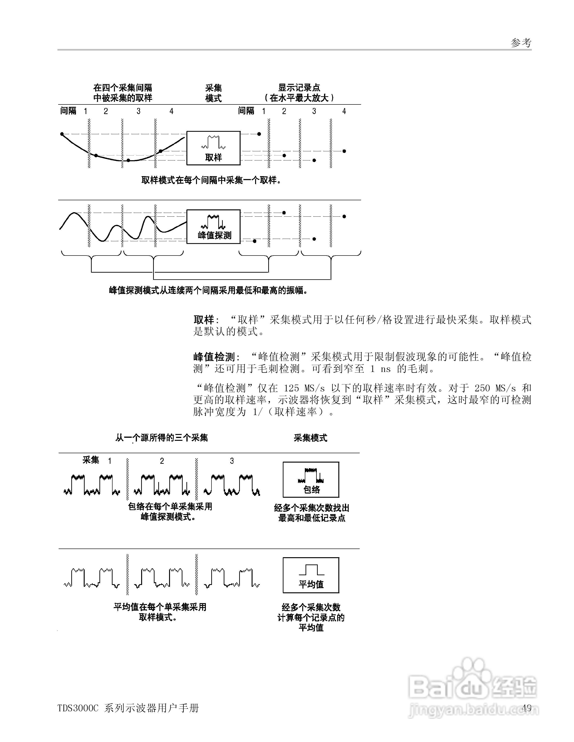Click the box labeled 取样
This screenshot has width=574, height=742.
coord(213,148)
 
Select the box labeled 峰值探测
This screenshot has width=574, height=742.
coord(213,227)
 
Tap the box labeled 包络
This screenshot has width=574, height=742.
coord(311,479)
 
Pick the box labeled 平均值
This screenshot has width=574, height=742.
coord(311,575)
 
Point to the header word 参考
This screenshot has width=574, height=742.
coord(521,43)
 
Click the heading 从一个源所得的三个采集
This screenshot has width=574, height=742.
coord(162,438)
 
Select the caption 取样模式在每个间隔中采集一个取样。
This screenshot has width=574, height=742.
coord(211,180)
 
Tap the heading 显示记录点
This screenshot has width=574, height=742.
coord(299,88)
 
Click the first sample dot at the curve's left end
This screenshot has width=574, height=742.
coord(62,134)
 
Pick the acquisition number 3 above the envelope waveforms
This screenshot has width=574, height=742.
coord(232,461)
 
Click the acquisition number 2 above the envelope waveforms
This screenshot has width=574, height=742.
coord(162,461)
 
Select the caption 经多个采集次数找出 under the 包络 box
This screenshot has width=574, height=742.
coord(311,508)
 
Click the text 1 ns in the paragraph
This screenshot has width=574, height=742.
coord(380,369)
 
